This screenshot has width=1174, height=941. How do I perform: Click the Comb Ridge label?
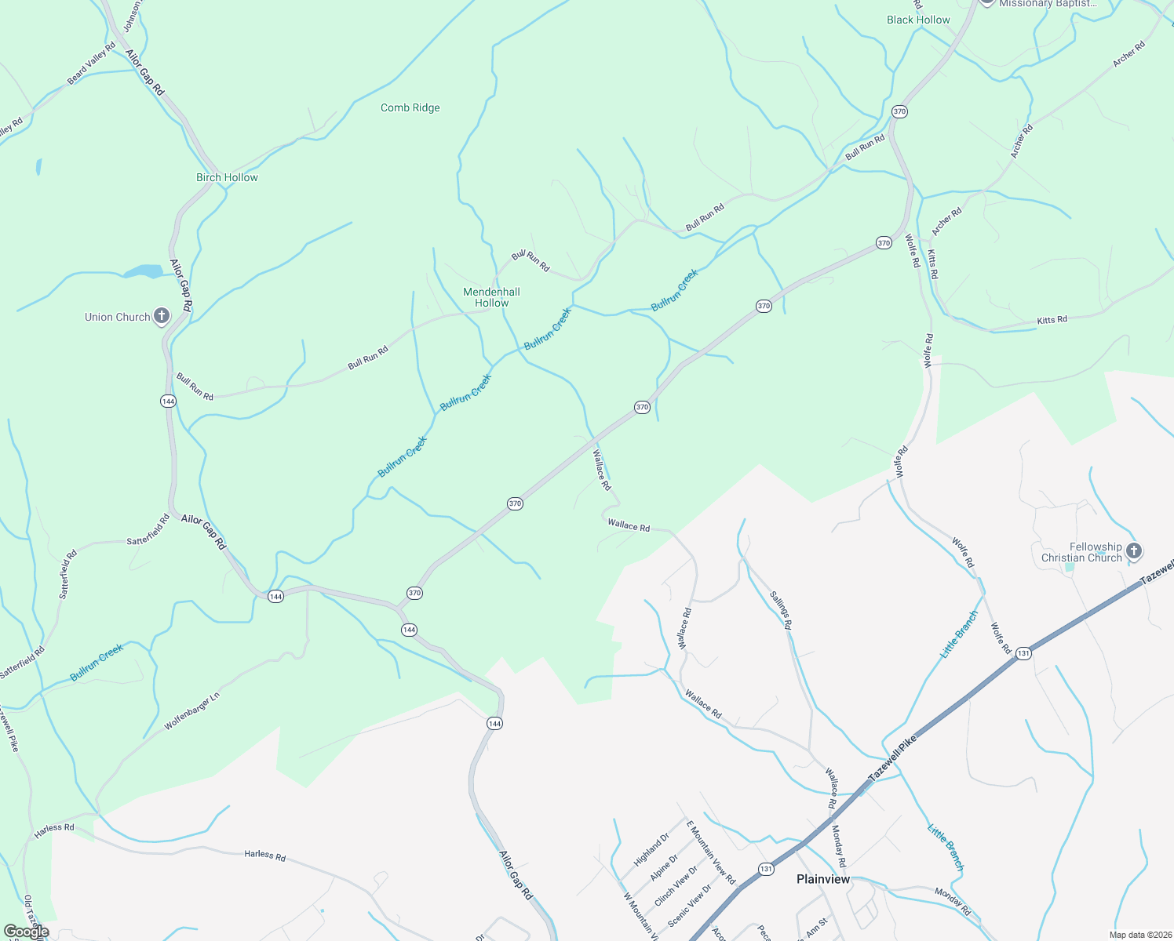(410, 107)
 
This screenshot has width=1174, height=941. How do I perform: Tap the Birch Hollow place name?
(227, 177)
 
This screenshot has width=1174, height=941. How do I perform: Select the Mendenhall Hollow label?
(491, 297)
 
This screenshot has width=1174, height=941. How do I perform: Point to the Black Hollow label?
(918, 20)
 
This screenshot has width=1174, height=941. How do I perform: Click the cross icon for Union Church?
(162, 317)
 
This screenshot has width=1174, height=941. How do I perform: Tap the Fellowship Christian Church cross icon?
(1133, 551)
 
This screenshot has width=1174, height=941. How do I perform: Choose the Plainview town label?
(822, 879)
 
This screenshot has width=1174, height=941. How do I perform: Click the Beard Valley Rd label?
(91, 64)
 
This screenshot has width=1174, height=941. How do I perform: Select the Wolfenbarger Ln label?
(192, 712)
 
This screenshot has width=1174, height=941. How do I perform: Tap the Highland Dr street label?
(651, 849)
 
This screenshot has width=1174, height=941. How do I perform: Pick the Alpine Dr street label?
(664, 869)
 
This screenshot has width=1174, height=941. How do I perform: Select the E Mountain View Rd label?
(711, 852)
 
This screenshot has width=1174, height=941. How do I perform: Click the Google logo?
(26, 932)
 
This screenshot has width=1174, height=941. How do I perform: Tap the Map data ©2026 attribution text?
(1139, 935)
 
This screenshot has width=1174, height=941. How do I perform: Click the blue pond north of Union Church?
(144, 271)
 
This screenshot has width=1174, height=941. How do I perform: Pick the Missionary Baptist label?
(1048, 4)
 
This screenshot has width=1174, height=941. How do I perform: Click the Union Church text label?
(118, 317)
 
